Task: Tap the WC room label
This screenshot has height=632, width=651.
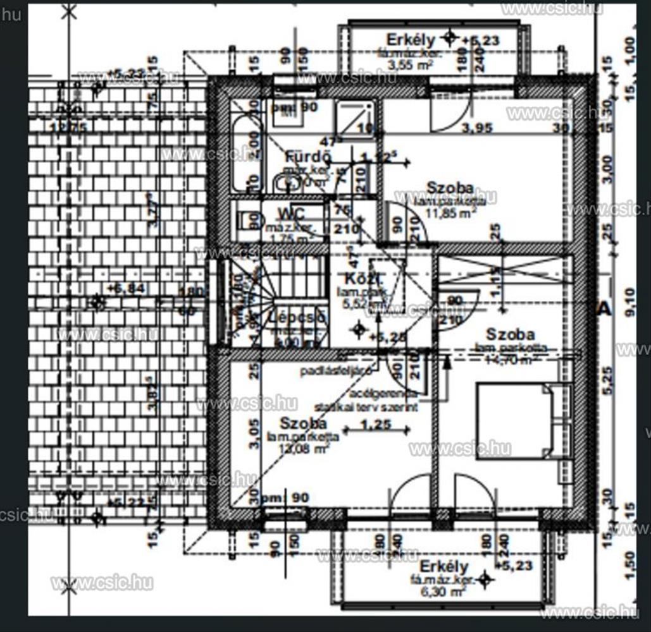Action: click(x=291, y=212)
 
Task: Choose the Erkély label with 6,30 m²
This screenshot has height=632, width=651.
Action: click(x=443, y=566)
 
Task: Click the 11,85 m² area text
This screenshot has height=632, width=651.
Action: click(x=451, y=213)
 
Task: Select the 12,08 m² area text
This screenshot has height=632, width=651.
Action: click(x=300, y=448)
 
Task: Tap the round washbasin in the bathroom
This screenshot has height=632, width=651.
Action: click(x=281, y=184)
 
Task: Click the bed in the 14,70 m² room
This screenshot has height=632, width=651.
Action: click(x=517, y=422)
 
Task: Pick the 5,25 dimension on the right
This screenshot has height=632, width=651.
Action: click(x=609, y=380)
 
